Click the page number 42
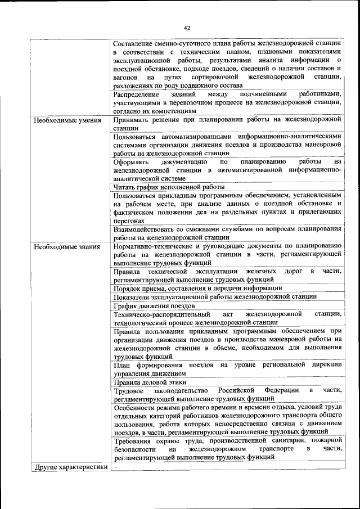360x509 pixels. click(187, 28)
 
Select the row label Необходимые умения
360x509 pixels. click(67, 120)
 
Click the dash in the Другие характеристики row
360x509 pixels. click(115, 466)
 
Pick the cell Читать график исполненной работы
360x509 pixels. click(169, 186)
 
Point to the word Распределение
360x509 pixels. click(136, 94)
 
